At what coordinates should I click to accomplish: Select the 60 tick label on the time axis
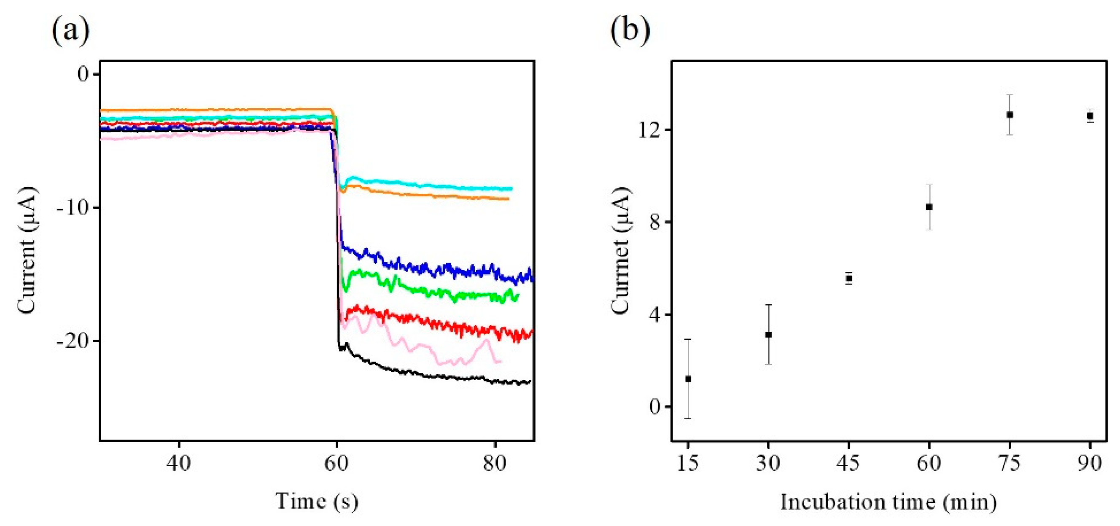click(x=337, y=463)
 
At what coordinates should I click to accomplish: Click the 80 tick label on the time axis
click(x=495, y=463)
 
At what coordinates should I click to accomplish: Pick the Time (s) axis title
click(x=317, y=501)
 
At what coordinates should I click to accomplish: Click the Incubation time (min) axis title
click(x=888, y=502)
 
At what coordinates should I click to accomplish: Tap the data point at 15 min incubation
click(x=688, y=379)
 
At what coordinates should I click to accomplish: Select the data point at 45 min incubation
click(x=849, y=278)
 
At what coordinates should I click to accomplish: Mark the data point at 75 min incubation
click(x=1010, y=115)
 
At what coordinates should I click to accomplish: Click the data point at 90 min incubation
click(x=1090, y=116)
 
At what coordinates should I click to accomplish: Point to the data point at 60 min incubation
click(x=929, y=207)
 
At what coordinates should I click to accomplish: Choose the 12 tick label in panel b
click(x=650, y=130)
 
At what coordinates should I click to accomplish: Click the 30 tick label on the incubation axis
click(x=768, y=463)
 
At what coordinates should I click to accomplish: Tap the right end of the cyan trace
click(x=512, y=189)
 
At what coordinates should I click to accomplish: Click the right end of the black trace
click(x=530, y=382)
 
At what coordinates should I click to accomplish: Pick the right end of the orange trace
click(x=508, y=199)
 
